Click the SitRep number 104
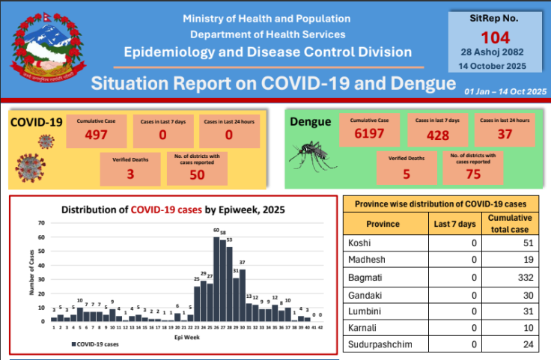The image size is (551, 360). point(495,37)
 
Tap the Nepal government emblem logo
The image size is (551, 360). point(43,49)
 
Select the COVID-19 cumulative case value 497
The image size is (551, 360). point(96,135)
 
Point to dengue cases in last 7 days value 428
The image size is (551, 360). point(438,135)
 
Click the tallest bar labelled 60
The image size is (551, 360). point(216,278)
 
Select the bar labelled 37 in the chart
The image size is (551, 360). point(243,295)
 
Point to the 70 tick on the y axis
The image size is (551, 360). point(42,223)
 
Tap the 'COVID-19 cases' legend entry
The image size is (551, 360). point(96,344)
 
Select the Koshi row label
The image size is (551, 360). point(361,243)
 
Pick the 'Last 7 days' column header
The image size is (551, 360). point(454,224)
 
